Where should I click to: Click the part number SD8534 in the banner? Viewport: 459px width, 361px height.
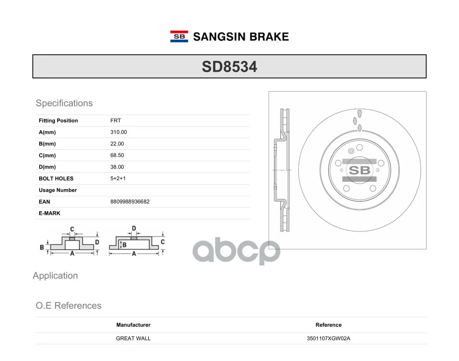click(230, 67)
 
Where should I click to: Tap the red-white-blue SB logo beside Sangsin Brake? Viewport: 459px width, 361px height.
click(179, 37)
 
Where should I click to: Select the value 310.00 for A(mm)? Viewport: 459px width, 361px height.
click(118, 132)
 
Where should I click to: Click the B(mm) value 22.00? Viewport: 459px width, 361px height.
click(117, 143)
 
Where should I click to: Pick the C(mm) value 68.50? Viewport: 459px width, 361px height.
click(117, 155)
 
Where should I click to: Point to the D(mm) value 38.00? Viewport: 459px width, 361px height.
click(117, 167)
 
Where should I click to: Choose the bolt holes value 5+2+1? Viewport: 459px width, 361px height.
click(118, 178)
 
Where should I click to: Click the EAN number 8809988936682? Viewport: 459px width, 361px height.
click(130, 202)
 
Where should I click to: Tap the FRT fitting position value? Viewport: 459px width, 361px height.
click(116, 120)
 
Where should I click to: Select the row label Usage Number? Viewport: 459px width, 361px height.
click(58, 190)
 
